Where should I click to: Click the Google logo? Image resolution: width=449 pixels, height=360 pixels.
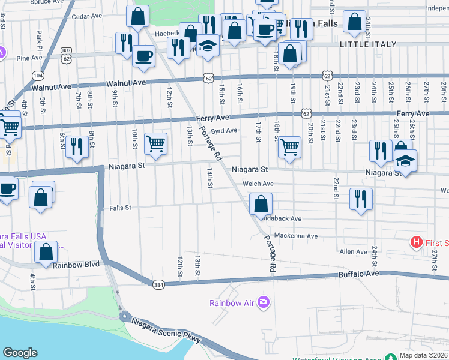(20, 353)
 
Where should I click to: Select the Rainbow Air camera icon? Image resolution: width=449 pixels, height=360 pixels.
(263, 302)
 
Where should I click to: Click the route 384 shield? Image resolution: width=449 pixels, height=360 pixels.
(158, 284)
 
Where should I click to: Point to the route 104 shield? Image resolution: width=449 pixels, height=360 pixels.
(38, 76)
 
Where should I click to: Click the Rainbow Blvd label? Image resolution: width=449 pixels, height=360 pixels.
(76, 265)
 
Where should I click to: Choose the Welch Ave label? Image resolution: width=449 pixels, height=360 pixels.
(258, 184)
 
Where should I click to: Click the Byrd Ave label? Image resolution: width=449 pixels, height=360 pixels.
(224, 130)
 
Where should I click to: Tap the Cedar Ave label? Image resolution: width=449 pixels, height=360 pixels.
(84, 17)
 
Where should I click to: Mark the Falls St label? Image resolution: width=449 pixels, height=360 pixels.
(120, 208)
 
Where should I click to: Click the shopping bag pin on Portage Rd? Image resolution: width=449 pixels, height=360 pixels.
(261, 204)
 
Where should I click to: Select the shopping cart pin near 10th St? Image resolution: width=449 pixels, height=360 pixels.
(156, 144)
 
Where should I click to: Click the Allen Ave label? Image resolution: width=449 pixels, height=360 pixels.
(353, 252)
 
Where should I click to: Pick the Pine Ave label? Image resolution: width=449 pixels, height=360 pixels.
(29, 58)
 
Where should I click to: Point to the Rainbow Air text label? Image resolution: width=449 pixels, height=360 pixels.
(232, 303)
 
